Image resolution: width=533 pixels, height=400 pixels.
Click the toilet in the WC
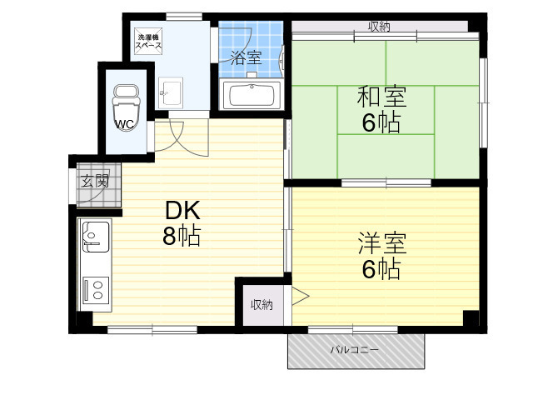click(126, 107)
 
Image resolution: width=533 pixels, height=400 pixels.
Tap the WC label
click(125, 124)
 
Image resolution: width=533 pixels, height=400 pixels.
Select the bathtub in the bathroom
click(252, 95)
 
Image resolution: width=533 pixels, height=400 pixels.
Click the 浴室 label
click(246, 57)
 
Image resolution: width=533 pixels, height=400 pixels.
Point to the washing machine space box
click(148, 41)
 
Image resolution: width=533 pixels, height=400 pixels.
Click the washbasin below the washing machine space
click(171, 92)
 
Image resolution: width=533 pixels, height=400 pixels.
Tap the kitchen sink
click(97, 237)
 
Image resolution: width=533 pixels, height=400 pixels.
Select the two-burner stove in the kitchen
click(97, 290)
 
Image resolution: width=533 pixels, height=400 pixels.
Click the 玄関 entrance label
click(95, 181)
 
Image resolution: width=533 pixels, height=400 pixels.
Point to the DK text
click(182, 211)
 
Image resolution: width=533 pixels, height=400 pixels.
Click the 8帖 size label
click(182, 235)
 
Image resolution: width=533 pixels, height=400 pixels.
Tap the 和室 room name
click(381, 97)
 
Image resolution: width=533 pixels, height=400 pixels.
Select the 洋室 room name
click(382, 242)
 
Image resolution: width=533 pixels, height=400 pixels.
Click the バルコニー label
click(355, 350)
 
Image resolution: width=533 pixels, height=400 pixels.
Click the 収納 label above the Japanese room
click(379, 26)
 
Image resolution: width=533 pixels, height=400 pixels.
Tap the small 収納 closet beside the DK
click(262, 304)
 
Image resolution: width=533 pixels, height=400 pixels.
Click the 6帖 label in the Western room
click(381, 269)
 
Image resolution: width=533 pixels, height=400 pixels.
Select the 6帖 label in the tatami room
click(381, 122)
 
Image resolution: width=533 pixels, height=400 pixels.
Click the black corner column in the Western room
click(471, 318)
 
